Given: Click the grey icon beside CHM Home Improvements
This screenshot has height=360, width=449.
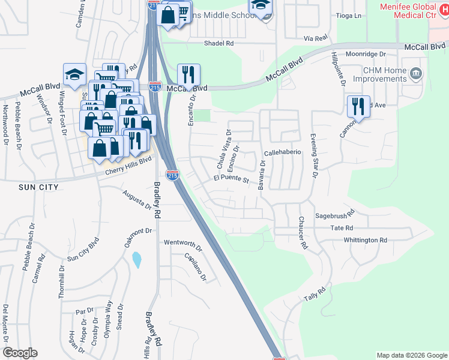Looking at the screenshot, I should point(415,75).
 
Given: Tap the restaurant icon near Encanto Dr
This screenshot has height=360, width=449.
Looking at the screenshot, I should point(188,76).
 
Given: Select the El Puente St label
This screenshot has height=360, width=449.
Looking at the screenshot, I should point(231,179).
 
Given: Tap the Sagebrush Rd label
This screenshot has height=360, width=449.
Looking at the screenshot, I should point(335,213).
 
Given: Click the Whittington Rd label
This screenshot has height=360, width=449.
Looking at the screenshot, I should point(366,240).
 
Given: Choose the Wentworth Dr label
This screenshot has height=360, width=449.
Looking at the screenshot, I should point(183,243).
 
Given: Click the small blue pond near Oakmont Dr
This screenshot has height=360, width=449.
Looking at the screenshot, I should point(136,260).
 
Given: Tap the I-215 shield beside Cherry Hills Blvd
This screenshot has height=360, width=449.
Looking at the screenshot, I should point(172,175).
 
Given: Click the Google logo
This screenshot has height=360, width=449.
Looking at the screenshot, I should point(20,353).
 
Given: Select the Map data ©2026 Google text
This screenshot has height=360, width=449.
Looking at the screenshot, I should point(411,355).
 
